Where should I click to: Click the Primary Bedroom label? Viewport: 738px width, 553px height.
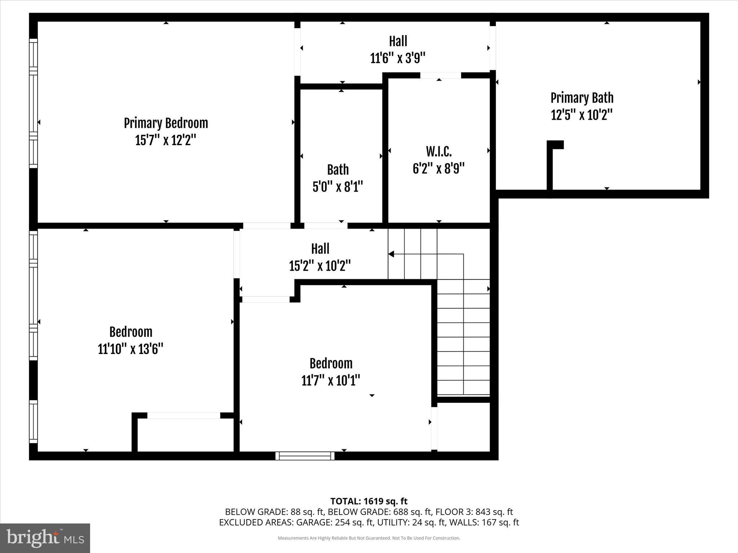(x=166, y=123)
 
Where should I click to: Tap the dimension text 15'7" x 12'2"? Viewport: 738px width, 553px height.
(x=166, y=140)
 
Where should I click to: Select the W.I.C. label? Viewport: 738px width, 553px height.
(x=439, y=152)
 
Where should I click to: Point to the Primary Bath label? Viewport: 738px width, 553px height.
(x=582, y=98)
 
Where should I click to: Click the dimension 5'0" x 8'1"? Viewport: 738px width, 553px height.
(x=338, y=186)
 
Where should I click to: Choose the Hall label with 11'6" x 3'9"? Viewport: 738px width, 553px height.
(x=398, y=41)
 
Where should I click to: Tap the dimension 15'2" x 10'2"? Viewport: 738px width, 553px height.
(x=320, y=266)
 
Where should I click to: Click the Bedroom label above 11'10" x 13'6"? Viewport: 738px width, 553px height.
(x=131, y=332)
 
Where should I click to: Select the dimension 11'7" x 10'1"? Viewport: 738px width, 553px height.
(x=331, y=380)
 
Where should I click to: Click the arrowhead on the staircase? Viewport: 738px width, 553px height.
(x=391, y=254)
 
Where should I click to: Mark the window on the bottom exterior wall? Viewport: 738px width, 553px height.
(x=305, y=456)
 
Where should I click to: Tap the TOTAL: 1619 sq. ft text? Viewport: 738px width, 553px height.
(x=369, y=501)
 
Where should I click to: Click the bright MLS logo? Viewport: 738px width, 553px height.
(x=45, y=538)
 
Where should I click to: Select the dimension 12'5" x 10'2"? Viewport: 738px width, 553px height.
(x=582, y=115)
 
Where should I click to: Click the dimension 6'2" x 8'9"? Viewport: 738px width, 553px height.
(x=439, y=168)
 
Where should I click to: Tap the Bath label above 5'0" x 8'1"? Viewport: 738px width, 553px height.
(x=338, y=170)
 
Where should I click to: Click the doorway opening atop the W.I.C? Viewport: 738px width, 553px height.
(x=440, y=75)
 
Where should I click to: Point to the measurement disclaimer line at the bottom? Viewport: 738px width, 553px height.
(x=369, y=538)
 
